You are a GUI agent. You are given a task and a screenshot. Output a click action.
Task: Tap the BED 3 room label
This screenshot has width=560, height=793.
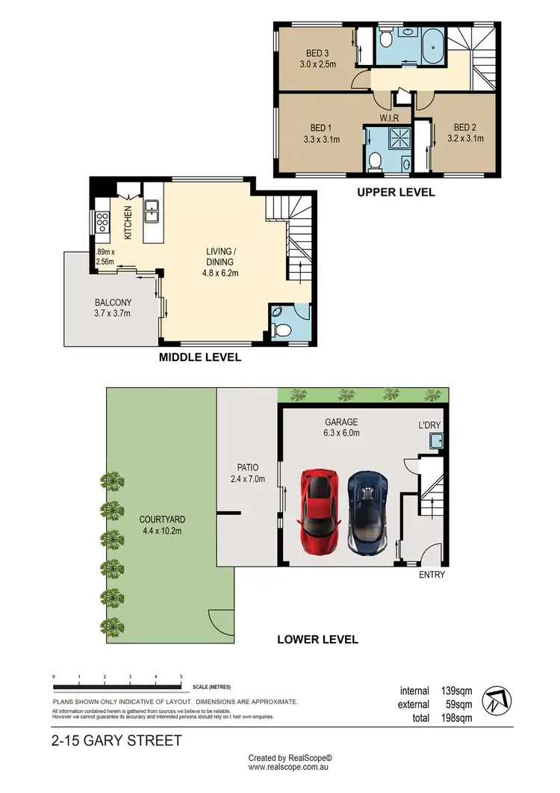(317, 58)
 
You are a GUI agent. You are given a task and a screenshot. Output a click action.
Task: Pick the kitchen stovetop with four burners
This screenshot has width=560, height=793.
(102, 220)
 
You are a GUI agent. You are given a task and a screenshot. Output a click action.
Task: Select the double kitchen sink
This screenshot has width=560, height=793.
(152, 212)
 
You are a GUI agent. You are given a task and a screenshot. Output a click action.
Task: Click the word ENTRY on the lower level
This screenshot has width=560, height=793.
(432, 575)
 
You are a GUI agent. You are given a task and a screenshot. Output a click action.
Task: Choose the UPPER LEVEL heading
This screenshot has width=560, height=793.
(395, 192)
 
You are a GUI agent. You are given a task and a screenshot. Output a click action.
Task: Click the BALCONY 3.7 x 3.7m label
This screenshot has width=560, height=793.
(113, 308)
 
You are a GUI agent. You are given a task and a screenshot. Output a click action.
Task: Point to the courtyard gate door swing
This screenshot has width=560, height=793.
(222, 620)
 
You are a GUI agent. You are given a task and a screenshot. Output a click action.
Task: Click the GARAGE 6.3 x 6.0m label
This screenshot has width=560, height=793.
(340, 428)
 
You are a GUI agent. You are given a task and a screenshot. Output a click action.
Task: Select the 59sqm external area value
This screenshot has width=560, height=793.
(457, 704)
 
